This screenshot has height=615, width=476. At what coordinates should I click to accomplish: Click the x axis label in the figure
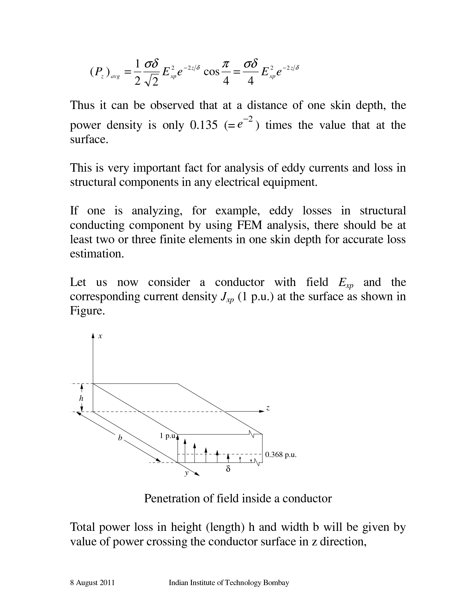100,336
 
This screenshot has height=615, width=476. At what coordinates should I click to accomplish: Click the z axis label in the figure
268,408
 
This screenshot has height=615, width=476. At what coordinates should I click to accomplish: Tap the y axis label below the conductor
186,473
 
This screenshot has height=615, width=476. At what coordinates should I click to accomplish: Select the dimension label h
81,398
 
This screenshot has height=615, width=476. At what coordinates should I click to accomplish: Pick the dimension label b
120,438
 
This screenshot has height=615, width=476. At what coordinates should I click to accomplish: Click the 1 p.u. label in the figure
168,436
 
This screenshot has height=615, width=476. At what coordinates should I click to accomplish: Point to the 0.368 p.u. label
281,455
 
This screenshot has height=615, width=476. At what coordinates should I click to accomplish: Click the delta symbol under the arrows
228,469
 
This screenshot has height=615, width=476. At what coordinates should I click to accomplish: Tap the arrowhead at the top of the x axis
93,335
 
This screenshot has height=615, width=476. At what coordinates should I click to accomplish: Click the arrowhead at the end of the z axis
262,411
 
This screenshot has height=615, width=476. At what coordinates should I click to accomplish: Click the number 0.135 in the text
204,125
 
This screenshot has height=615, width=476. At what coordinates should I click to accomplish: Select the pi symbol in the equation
226,64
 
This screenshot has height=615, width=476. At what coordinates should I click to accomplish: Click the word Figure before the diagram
87,311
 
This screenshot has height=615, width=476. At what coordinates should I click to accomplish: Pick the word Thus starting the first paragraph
82,105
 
